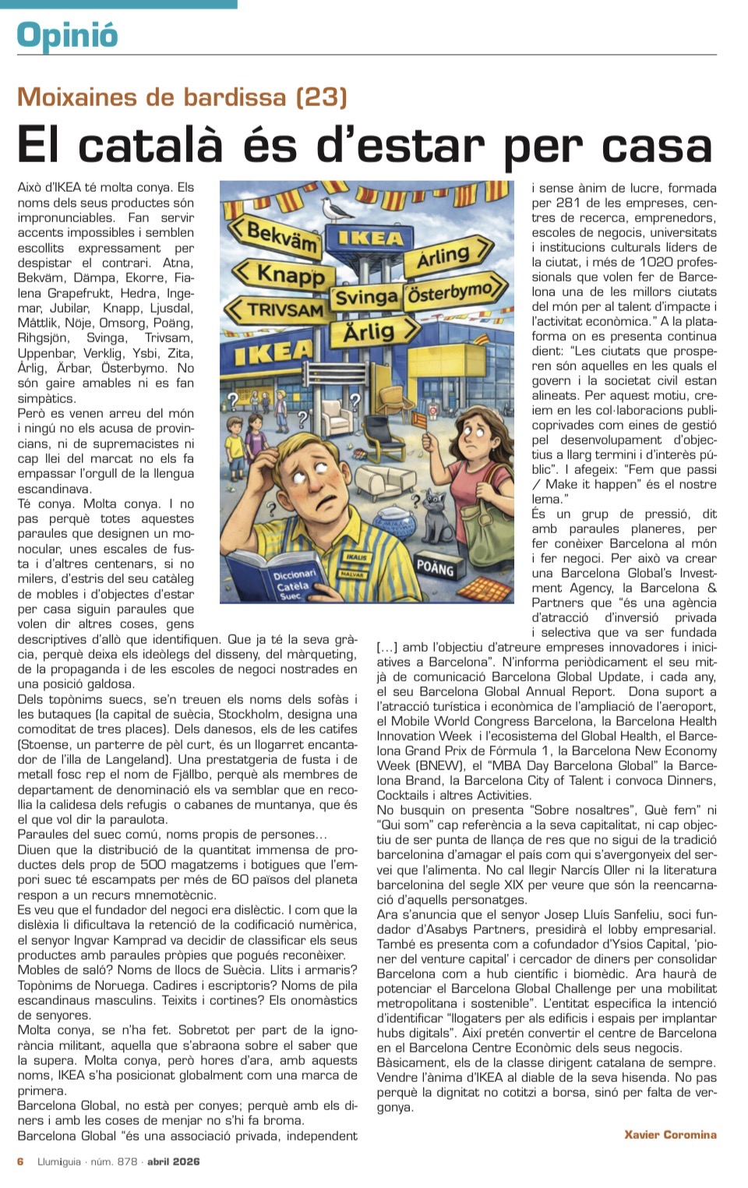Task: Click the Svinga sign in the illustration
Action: point(366,297)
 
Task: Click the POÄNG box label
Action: point(435,567)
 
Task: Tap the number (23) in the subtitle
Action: point(321,97)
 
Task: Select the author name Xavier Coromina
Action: point(670,1134)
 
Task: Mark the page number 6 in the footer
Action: point(21,1161)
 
